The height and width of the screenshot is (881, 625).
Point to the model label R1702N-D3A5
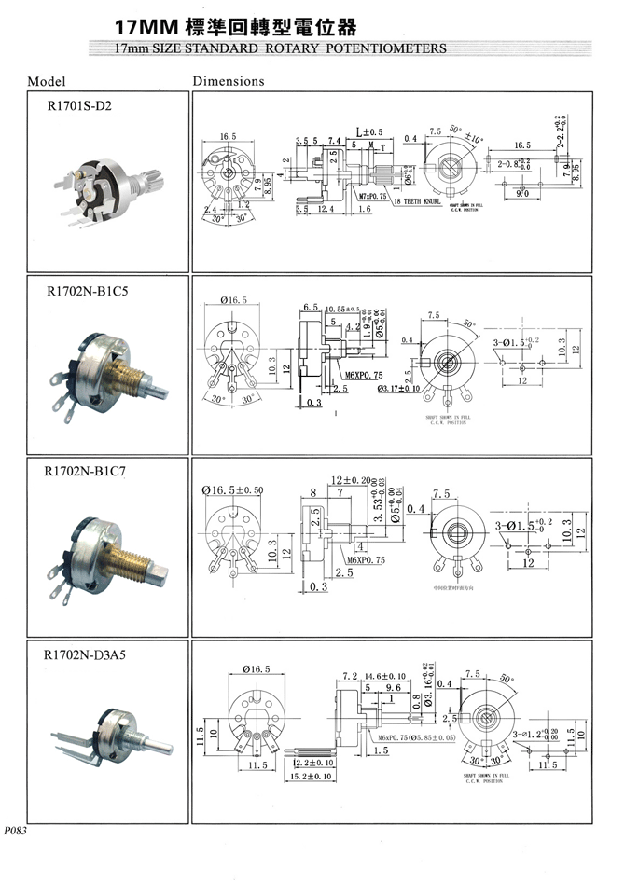point(85,654)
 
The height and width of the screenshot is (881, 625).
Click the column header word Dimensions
point(229,81)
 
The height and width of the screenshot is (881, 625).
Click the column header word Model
point(47,81)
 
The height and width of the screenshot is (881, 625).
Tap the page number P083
point(16,830)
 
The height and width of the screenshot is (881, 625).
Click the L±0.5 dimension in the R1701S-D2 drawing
point(370,131)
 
